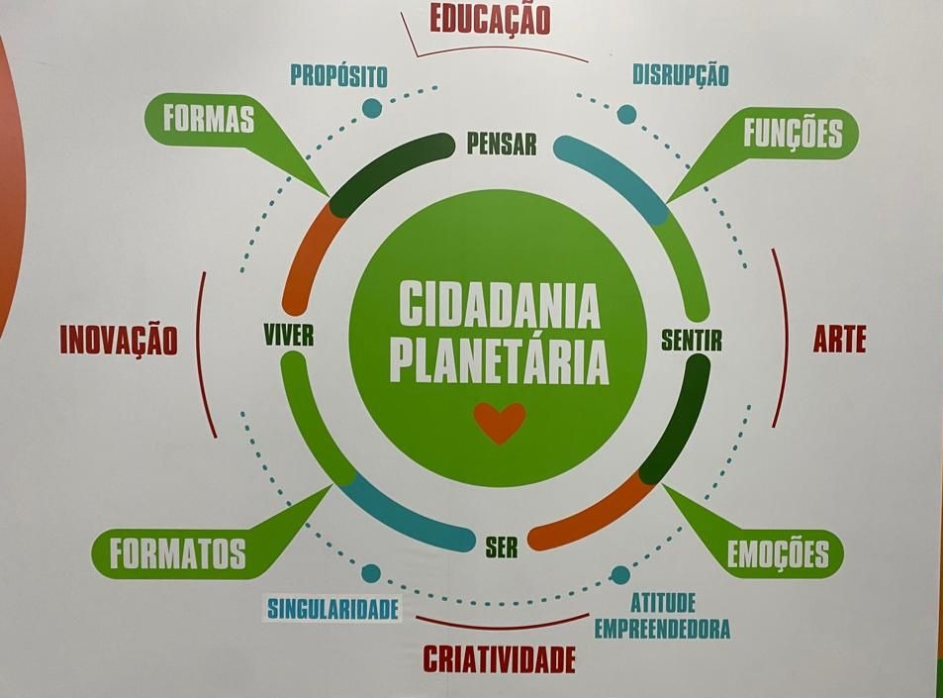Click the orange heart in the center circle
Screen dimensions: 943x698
click(x=499, y=422)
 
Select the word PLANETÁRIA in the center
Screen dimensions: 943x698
click(x=499, y=361)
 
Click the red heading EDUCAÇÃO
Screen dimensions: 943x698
click(x=489, y=19)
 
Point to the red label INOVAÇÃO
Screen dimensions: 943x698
click(x=119, y=340)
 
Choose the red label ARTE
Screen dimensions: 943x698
click(x=839, y=340)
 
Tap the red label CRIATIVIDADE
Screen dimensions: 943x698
click(x=499, y=658)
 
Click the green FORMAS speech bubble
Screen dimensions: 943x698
click(x=209, y=120)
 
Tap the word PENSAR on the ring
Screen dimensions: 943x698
click(x=502, y=146)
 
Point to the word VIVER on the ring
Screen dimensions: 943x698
click(x=289, y=336)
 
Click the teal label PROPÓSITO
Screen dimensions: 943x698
click(x=338, y=76)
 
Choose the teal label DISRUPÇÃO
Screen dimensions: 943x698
click(x=680, y=74)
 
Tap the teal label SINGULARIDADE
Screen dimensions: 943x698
click(x=331, y=608)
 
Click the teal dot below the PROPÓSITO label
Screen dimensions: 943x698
click(x=371, y=108)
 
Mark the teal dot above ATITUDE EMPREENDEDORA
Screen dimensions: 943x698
click(x=620, y=575)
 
